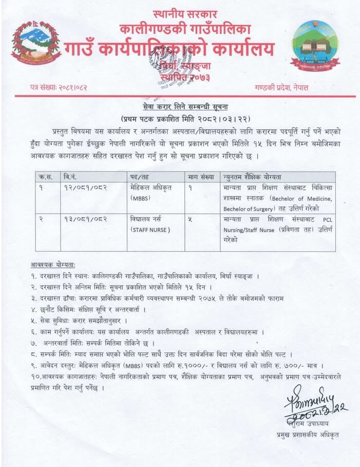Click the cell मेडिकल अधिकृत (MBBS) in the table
tap(150, 193)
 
